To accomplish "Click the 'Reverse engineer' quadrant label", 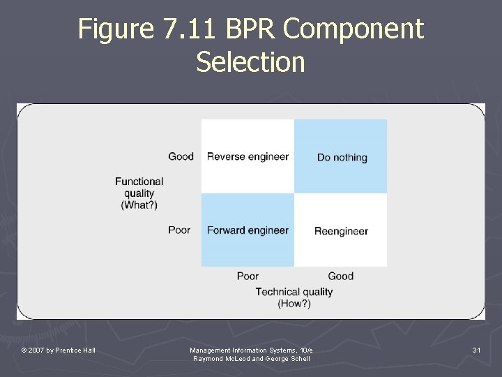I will [248, 156].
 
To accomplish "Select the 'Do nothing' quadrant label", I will [342, 157].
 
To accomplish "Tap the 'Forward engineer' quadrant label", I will [248, 230].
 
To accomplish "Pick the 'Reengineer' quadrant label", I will [341, 231].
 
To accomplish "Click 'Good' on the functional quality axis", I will [181, 156].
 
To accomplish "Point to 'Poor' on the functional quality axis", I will [179, 230].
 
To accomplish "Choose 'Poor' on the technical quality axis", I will [248, 276].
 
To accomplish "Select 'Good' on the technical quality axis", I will [341, 276].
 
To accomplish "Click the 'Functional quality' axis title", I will [139, 187].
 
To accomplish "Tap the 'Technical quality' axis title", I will [294, 292].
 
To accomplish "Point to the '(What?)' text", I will [139, 205].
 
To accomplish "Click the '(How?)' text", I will [294, 304].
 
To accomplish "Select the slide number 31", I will [477, 350].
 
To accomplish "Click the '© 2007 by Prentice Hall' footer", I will [59, 350].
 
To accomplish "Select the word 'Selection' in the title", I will [251, 61].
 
